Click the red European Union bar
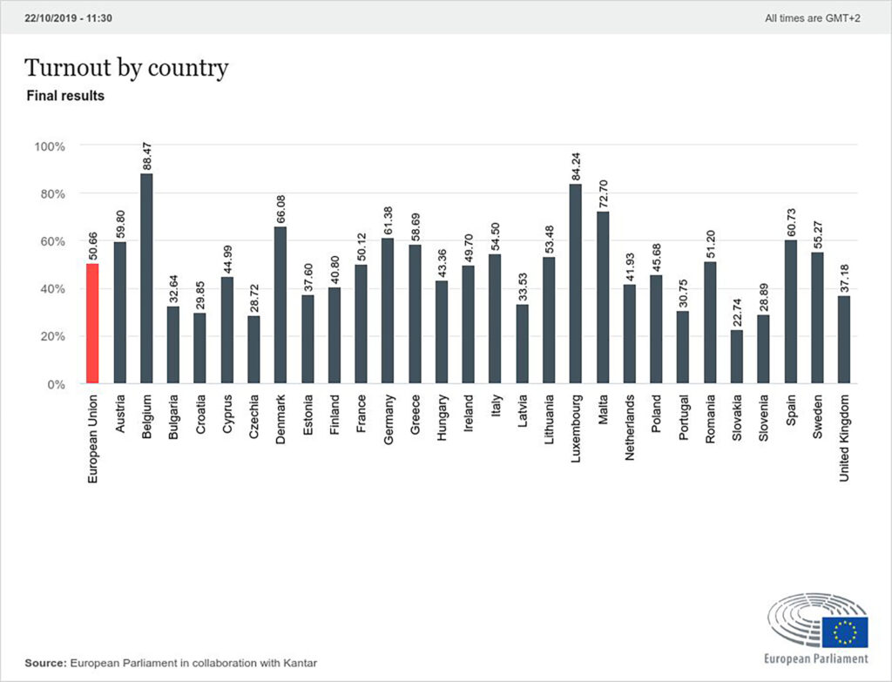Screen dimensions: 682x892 tap(93, 323)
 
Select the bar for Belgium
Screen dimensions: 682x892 tap(146, 279)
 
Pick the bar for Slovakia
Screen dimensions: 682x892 tap(736, 356)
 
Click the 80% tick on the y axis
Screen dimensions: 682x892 tap(50, 193)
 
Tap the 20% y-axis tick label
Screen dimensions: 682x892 tap(50, 336)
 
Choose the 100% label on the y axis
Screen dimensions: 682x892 tap(48, 146)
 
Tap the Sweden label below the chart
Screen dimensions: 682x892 tap(816, 414)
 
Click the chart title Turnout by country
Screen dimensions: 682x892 tap(126, 68)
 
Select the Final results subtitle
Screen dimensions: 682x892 tap(66, 96)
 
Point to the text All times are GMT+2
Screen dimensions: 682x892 tap(810, 17)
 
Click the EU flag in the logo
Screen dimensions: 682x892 tap(844, 631)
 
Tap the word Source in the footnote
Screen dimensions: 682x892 tap(44, 664)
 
